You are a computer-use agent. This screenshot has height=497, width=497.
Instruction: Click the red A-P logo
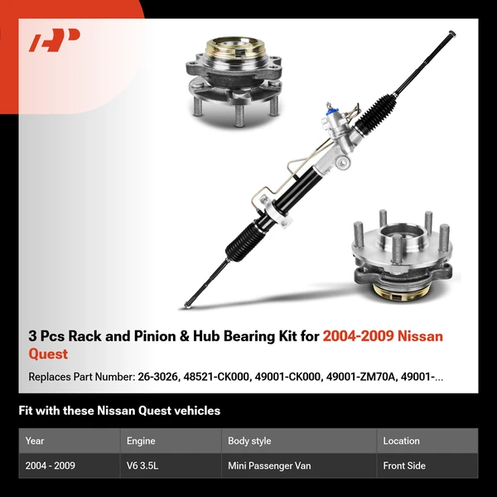tap(55, 41)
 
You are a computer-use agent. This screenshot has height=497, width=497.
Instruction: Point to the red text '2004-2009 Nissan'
tap(383, 336)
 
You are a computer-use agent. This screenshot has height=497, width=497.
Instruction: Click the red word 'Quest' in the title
tap(48, 355)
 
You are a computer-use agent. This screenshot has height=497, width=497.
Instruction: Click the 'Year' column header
tap(35, 441)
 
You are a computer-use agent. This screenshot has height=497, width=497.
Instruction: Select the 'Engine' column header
tap(142, 441)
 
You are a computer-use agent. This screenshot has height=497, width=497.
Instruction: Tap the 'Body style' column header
tap(249, 441)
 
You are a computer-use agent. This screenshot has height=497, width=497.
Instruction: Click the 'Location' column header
tap(401, 441)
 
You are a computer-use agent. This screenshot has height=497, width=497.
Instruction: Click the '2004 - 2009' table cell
tap(51, 466)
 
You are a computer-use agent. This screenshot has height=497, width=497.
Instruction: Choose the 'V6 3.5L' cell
tap(143, 466)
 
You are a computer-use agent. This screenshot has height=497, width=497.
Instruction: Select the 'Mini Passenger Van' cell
tap(270, 466)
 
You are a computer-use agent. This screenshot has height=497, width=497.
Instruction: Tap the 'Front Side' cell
tap(404, 466)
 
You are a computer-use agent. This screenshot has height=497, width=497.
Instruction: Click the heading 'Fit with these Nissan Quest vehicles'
tap(119, 410)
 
